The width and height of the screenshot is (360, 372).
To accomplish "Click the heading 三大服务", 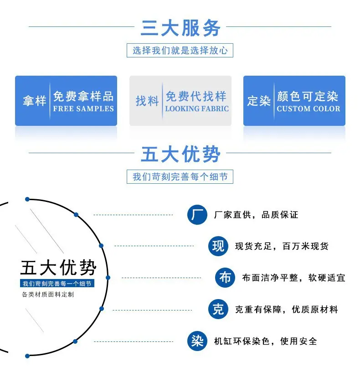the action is pos(180,28).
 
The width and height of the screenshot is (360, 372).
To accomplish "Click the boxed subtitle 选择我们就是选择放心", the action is pos(180,50).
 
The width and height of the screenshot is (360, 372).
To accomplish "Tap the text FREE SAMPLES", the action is pos(83,108).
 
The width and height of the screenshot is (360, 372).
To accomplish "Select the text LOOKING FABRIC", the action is pos(197,108).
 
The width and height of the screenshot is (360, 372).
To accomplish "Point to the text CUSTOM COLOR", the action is pos(309,108).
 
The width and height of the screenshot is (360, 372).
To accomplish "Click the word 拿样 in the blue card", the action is pos(35,101).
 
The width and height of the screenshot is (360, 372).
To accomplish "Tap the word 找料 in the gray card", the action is pos(147,101).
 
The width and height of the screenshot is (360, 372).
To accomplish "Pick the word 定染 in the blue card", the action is pos(259,101).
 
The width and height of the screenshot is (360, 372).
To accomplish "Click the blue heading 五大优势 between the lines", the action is pos(180,154).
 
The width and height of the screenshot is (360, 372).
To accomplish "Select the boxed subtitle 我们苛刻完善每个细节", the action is pos(180,176).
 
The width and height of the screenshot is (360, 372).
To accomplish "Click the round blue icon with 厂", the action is pos(197,215).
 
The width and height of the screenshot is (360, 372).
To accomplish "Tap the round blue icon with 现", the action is pos(218,246).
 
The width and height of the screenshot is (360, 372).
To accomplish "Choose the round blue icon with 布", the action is pos(225,278).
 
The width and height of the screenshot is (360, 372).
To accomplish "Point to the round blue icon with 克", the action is pos(218,309).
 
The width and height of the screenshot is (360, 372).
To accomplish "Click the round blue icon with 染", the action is pos(197,341).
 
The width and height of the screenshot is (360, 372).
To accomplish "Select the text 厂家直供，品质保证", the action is pos(256,215).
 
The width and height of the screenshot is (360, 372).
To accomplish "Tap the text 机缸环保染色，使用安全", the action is pos(266,341).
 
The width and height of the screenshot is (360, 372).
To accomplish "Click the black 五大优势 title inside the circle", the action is pos(58,268).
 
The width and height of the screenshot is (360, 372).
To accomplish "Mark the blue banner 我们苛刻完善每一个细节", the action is pos(57,283).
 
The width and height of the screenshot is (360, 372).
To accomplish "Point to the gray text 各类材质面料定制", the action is pos(48,294).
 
